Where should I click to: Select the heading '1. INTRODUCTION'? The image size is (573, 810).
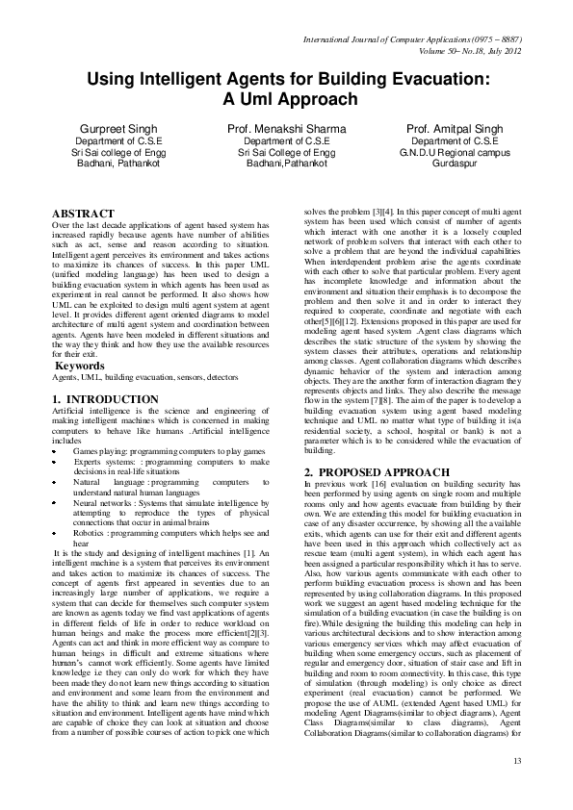pyautogui.click(x=106, y=398)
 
